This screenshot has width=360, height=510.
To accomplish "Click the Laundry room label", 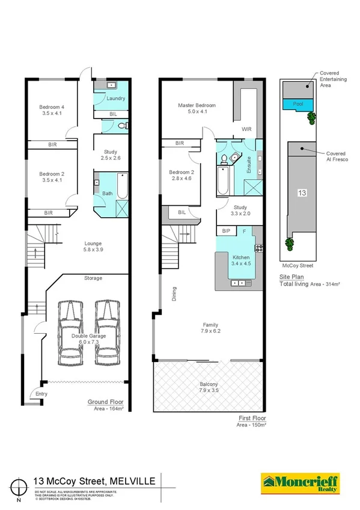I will tap(115, 98).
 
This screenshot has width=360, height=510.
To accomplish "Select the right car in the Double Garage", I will tap(109, 334).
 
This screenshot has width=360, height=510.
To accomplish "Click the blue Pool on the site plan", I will tap(298, 103).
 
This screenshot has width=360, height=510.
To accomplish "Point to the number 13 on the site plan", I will tap(302, 193).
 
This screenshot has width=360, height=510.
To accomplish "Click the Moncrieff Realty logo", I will tap(299, 482).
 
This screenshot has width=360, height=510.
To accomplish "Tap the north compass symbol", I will tap(22, 485).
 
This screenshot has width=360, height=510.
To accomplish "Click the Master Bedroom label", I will tap(196, 105).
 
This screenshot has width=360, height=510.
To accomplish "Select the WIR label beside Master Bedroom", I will tap(246, 129).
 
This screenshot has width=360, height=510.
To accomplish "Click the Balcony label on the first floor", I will tap(209, 384).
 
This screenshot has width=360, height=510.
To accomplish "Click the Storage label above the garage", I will tap(93, 278).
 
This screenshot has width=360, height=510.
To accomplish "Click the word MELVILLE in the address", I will tap(133, 480).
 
